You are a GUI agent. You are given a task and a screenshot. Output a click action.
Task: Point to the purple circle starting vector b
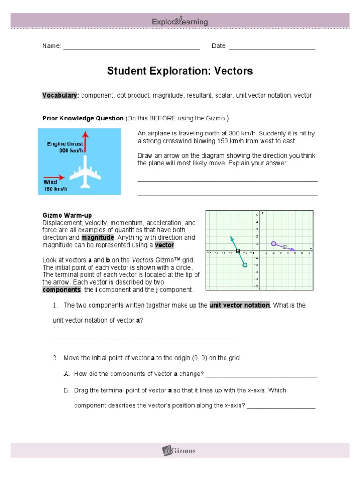click(273, 243)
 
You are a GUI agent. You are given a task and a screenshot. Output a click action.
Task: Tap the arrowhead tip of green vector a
click(231, 237)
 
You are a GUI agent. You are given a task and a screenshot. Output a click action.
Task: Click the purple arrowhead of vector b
click(293, 250)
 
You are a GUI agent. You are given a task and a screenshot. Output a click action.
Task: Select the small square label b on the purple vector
click(284, 247)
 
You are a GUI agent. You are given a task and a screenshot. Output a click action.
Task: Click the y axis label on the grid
click(262, 213)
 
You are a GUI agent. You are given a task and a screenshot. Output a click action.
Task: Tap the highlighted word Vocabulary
click(60, 95)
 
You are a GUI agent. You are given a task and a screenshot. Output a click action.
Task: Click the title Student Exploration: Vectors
click(180, 71)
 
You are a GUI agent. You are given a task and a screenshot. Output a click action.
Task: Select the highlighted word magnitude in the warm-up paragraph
click(98, 237)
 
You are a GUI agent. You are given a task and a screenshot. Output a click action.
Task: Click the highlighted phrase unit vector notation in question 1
click(240, 305)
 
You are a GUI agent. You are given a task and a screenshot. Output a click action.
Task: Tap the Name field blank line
click(131, 49)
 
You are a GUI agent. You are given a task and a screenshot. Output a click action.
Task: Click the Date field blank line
click(272, 49)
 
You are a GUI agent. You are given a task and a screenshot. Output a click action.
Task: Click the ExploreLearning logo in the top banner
click(180, 22)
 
